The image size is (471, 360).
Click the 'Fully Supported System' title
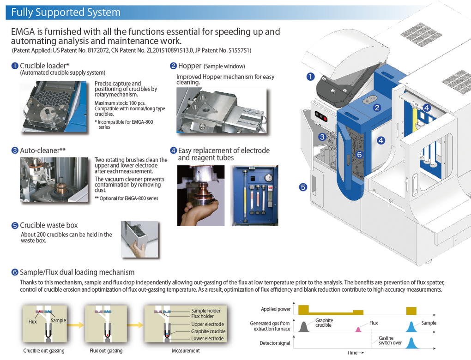pos(66,12)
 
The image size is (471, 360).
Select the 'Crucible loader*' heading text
pos(44,66)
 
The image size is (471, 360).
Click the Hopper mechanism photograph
pos(221,110)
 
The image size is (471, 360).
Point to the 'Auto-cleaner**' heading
pos(42,150)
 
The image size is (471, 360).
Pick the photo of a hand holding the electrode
pos(201,196)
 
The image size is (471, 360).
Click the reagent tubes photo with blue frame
pos(254,196)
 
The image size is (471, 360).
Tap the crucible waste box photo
pos(139,240)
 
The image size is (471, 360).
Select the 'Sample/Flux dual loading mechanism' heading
pos(77,272)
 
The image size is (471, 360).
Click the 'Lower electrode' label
pos(207,339)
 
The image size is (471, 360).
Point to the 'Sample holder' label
pos(206,311)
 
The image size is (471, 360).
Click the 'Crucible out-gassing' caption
pos(44,351)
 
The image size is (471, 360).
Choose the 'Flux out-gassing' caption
pos(106,351)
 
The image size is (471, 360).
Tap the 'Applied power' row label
pos(276,309)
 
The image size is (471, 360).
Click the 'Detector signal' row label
pos(275,343)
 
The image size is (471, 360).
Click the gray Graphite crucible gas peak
pos(304,327)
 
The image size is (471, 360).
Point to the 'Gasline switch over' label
pos(390,340)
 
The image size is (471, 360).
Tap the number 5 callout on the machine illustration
pos(303,187)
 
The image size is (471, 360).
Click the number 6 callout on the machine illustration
pos(359,155)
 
